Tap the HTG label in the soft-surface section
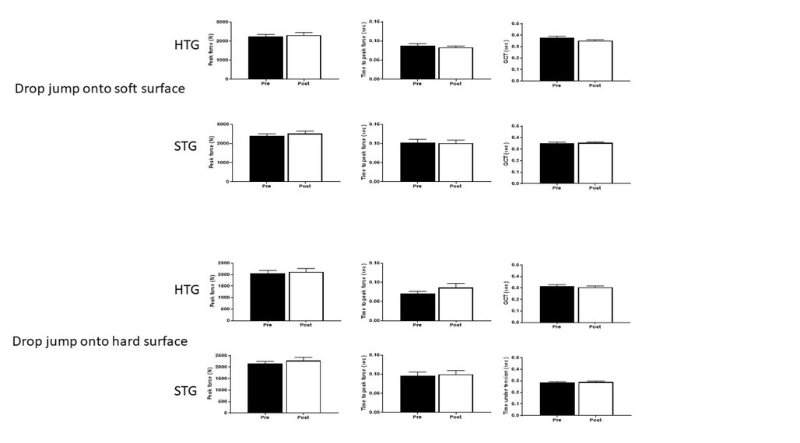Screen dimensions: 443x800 point(187,46)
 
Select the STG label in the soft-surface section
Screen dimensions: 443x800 point(187,145)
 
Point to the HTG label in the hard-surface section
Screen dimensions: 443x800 point(187,290)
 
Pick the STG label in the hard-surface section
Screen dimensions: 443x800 point(187,391)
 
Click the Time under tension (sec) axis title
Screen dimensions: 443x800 point(506,385)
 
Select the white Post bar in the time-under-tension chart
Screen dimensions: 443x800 point(595,397)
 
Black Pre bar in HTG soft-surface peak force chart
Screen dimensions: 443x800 point(267,58)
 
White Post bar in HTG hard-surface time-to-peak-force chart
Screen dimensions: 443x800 point(455,304)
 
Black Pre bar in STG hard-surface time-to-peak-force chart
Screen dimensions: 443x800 point(417,394)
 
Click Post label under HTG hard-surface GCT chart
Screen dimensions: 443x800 point(595,327)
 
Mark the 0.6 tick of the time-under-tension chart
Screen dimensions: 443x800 point(518,358)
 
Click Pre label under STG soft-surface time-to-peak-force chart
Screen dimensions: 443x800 point(417,187)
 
